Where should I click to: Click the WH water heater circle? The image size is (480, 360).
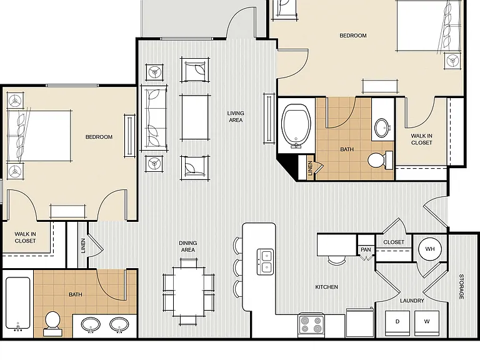point(430,249)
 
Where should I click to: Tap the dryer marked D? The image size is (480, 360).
point(397,322)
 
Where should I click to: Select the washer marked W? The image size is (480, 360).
point(427,322)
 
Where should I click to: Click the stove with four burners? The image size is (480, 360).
point(311,325)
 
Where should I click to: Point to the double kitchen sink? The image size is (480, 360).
point(265,261)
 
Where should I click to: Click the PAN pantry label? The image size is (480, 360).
point(366,249)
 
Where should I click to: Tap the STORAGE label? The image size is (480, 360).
point(461,286)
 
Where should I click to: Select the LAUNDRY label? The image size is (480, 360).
point(412,301)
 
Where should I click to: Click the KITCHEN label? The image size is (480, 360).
point(327,287)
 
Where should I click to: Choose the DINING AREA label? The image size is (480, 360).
point(188,246)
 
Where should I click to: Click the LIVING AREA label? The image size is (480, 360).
point(236,117)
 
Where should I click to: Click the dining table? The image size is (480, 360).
point(189,291)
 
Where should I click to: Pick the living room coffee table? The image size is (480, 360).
point(195,117)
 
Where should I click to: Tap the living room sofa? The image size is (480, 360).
point(154,118)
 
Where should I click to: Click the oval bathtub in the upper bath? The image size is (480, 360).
point(296,126)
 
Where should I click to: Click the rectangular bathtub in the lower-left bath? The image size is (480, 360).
point(18,304)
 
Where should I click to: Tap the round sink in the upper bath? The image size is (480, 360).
point(382,127)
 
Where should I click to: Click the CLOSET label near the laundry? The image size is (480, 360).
point(394,242)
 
